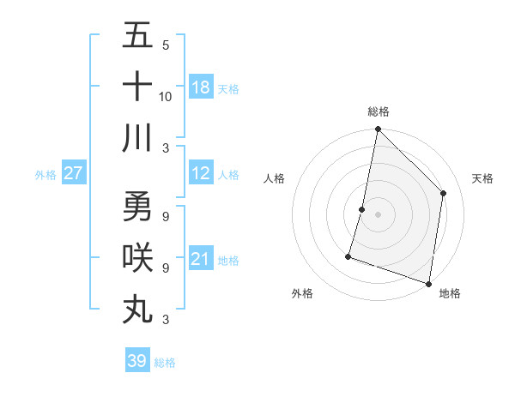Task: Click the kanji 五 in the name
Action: coord(137,37)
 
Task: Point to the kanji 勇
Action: coord(137,207)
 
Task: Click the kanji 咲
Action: coord(137,258)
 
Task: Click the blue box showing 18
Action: coord(201,87)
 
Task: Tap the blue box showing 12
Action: coord(201,174)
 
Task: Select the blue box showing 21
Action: coord(201,260)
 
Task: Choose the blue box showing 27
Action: coord(74,174)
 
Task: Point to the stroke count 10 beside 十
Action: coord(166,97)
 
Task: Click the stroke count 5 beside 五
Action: coord(166,45)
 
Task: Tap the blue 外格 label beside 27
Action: coord(45,175)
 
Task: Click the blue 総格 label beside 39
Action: coord(165,363)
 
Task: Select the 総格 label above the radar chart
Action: coord(378,111)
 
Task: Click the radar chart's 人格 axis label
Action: coord(275,178)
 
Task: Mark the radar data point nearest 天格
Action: coord(444,193)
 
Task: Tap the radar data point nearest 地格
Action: coord(428,283)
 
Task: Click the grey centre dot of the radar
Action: coord(378,214)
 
